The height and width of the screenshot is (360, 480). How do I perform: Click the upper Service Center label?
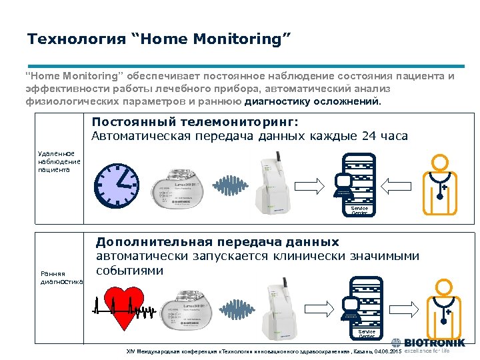[359, 211]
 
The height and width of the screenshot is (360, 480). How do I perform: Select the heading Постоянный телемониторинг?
[195, 123]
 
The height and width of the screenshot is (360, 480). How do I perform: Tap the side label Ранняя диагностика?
[61, 278]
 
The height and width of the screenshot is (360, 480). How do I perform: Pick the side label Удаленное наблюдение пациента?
[59, 161]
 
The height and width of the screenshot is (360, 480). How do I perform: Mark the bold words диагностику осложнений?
[314, 103]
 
